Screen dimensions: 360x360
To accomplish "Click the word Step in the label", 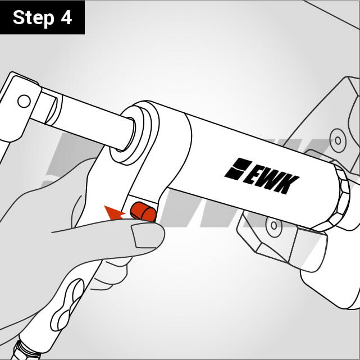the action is point(34,18).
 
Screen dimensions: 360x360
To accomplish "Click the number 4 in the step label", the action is point(66,17).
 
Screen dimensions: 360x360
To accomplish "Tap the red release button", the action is point(143,212).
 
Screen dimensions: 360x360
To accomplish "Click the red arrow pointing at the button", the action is point(114,213).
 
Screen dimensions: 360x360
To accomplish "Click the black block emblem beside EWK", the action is point(238,168).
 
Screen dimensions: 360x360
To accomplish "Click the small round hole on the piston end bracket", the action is point(24,101).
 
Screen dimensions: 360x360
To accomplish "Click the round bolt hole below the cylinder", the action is point(274,225).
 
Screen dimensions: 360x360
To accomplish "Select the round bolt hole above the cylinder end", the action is point(338,140).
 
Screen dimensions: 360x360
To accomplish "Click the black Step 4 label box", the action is point(42,17).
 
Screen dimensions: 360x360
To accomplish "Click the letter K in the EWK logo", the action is point(287,184).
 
